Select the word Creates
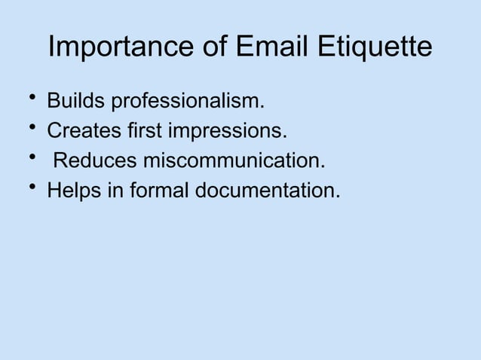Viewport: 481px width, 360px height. (81, 133)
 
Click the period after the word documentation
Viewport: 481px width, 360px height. (337, 197)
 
